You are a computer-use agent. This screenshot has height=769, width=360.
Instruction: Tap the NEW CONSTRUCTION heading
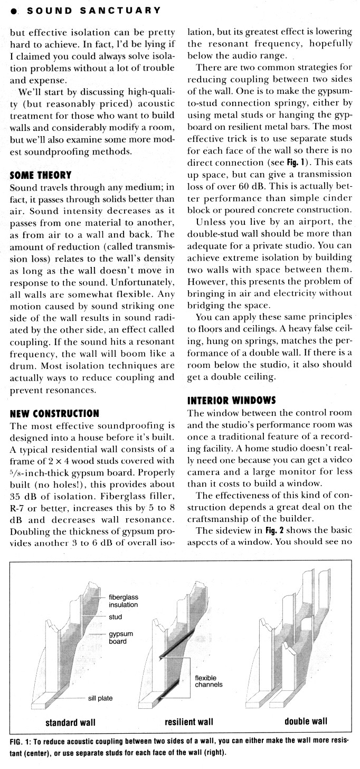point(54,413)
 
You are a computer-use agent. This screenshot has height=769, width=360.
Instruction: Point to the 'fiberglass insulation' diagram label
point(124,601)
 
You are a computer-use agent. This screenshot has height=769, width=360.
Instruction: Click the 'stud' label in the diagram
point(115,616)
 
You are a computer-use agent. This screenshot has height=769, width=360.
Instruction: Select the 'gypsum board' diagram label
point(121,637)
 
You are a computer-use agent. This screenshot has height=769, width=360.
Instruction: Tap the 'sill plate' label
point(100,698)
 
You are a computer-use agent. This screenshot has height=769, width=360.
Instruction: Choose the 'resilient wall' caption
point(189,721)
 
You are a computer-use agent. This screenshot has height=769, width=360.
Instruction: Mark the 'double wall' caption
point(306,721)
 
